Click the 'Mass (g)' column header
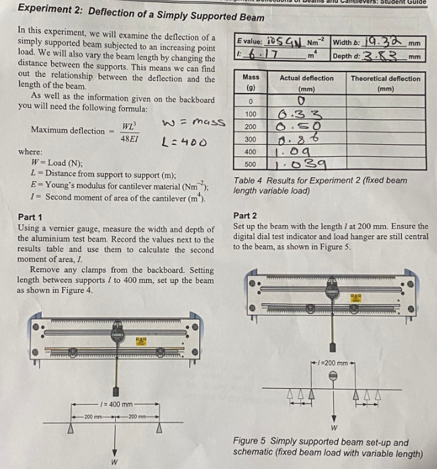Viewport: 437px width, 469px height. [250, 83]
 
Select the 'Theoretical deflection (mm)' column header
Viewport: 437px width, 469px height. [386, 83]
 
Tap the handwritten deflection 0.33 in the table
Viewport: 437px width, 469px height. [302, 114]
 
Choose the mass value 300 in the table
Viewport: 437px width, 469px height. [250, 139]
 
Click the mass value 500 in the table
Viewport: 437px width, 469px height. [250, 164]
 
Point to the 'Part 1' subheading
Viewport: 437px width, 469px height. [30, 217]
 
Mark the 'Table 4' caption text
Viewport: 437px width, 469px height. [320, 181]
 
